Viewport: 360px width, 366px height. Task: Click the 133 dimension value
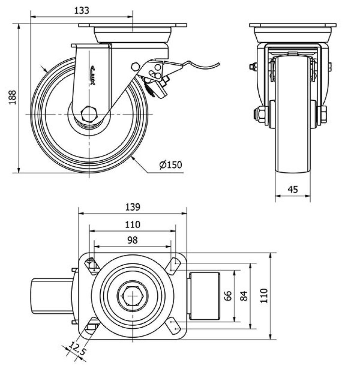click(82, 10)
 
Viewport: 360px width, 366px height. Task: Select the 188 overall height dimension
click(12, 98)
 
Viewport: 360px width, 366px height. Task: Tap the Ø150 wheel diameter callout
click(170, 165)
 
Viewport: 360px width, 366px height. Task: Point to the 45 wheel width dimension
click(293, 189)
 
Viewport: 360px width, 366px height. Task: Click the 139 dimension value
click(133, 207)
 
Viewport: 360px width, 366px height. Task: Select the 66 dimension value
click(228, 296)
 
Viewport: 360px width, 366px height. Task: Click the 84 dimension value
click(244, 296)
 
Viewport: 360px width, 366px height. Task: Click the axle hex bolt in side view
click(89, 114)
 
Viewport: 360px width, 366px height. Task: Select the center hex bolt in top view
click(133, 296)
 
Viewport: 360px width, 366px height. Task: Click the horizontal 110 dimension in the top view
click(133, 224)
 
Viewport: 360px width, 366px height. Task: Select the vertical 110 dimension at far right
click(264, 296)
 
